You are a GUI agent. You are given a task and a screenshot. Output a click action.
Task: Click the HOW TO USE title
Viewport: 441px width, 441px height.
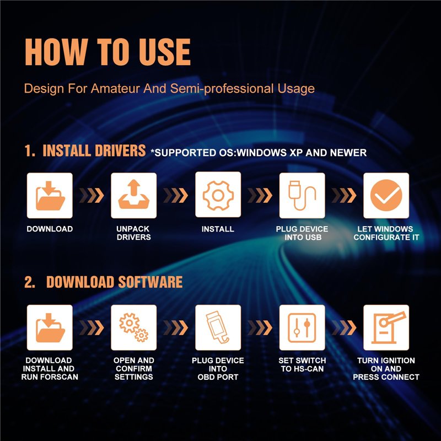(107, 52)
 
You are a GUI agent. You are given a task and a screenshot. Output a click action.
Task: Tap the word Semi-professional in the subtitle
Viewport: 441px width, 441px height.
(222, 89)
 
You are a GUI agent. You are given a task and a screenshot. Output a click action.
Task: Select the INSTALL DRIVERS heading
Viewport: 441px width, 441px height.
(94, 150)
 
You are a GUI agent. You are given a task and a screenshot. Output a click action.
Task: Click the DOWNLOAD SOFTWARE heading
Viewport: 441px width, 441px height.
(114, 282)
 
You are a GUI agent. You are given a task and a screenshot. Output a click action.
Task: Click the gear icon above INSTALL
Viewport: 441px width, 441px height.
(218, 196)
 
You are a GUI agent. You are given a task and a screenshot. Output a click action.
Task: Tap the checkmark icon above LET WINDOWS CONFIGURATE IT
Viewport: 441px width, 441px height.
(386, 195)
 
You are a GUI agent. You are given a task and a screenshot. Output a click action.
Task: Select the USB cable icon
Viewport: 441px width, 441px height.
(302, 195)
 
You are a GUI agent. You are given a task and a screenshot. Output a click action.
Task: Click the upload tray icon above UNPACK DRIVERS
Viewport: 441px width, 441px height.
(134, 195)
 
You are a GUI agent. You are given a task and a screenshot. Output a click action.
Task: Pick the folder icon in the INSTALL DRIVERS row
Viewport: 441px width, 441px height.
(50, 196)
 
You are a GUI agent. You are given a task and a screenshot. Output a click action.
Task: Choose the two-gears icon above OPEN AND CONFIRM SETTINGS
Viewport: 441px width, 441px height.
(134, 327)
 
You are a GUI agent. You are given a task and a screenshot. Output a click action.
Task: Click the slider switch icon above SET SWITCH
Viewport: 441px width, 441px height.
(302, 327)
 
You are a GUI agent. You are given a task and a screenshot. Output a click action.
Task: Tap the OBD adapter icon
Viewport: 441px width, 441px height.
(217, 327)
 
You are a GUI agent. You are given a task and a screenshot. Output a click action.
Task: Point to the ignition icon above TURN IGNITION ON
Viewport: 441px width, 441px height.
(388, 327)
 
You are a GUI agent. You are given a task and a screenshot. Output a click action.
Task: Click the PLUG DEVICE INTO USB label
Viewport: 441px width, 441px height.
(302, 233)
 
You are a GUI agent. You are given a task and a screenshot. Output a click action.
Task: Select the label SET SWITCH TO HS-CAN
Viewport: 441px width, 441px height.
(302, 364)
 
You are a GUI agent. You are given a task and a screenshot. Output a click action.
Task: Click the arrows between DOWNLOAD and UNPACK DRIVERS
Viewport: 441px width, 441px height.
(92, 196)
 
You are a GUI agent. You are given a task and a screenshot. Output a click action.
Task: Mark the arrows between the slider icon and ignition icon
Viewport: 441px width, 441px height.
(343, 327)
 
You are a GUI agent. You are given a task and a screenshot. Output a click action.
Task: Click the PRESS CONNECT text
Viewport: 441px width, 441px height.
(386, 377)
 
